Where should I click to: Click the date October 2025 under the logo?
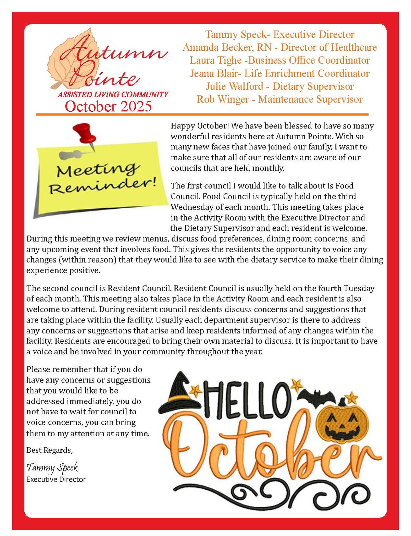[108, 106]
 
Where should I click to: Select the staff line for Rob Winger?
[279, 99]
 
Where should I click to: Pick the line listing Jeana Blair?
[279, 73]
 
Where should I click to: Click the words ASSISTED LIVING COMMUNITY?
[113, 95]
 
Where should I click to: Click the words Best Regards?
[49, 450]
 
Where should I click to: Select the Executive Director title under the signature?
[56, 479]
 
